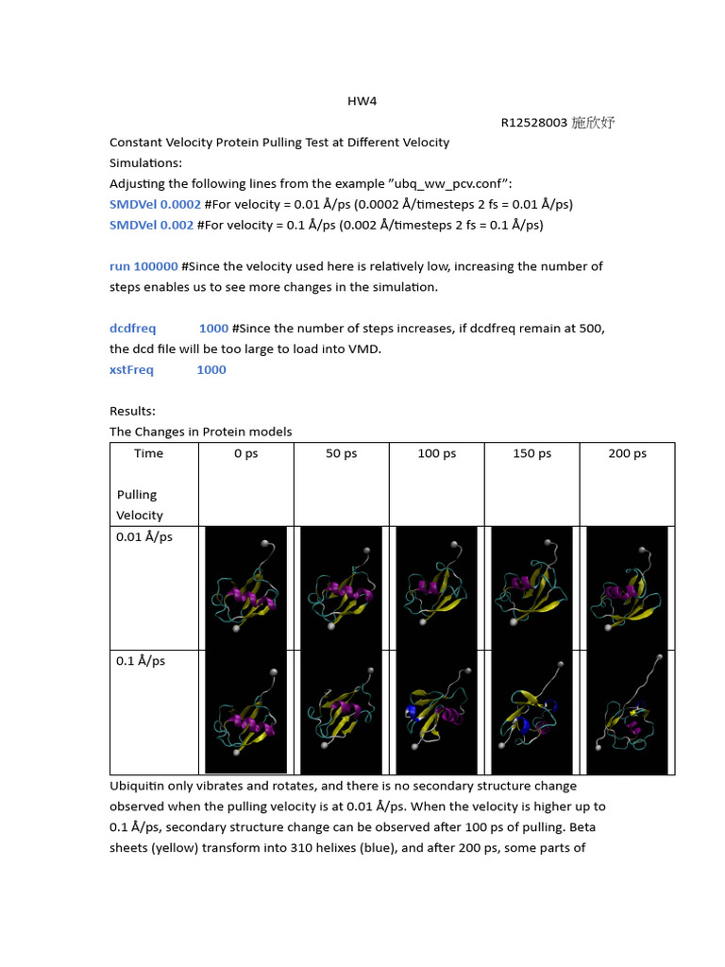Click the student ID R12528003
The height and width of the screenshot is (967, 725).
coord(533,123)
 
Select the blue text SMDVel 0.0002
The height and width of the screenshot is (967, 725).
coord(155,204)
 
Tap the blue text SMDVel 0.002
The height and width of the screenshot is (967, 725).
coord(151,225)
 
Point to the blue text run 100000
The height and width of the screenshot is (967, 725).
coord(143,266)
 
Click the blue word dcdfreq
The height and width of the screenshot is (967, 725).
coord(133,328)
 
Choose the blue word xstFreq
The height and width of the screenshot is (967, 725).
coord(131,369)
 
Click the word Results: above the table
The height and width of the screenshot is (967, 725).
coord(132,411)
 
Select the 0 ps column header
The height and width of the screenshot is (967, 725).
coord(245,453)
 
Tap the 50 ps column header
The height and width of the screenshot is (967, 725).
coord(342,453)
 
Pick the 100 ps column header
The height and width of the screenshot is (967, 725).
coord(436,453)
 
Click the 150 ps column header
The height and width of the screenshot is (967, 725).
coord(531,453)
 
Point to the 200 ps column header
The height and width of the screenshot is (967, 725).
coord(627,453)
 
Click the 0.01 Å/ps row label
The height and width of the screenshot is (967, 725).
coord(144,536)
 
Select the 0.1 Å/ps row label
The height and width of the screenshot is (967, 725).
coord(141,661)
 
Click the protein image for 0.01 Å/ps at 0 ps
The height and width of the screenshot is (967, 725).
coord(245,587)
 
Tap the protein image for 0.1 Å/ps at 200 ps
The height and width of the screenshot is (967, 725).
coord(627,712)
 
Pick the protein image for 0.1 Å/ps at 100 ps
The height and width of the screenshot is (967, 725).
coord(436,712)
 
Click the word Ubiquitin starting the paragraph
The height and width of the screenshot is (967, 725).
coord(139,786)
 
